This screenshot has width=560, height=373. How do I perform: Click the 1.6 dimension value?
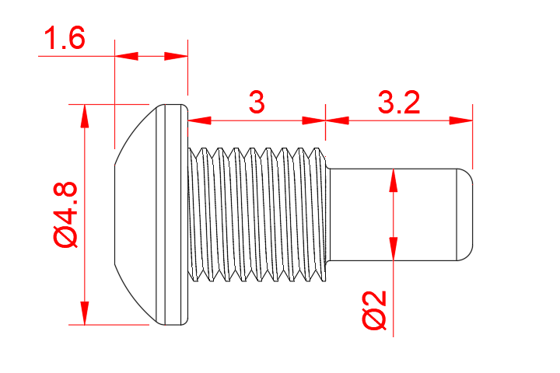[65, 38]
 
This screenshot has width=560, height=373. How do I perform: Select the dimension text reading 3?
[257, 102]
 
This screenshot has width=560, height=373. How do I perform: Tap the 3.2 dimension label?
[398, 102]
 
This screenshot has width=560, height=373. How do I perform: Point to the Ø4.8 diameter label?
[66, 214]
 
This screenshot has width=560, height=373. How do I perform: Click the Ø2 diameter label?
[375, 311]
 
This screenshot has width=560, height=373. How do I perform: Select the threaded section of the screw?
[257, 214]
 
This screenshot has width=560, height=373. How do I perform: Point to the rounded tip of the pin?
[465, 214]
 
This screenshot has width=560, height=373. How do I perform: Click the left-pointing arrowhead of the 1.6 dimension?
[177, 56]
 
